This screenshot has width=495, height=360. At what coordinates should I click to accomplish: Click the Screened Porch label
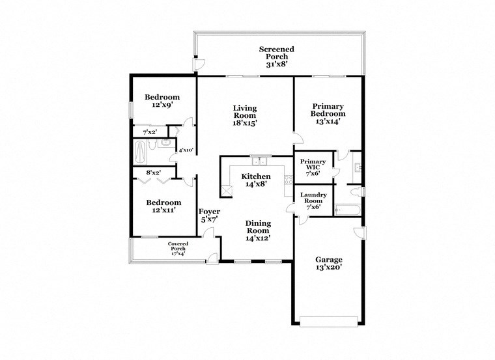[276, 57]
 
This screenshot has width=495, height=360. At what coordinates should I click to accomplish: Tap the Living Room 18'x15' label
[246, 115]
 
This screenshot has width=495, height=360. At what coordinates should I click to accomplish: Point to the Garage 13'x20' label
[328, 263]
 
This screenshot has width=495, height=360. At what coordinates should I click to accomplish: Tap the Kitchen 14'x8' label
[256, 180]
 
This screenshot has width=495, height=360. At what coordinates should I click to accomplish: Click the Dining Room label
[257, 230]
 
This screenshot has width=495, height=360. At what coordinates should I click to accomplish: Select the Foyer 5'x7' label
[210, 216]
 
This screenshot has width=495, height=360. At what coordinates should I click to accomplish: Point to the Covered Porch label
[178, 248]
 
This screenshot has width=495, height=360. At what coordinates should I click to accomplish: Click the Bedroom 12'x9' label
[162, 101]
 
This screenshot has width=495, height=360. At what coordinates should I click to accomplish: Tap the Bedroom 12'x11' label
[162, 206]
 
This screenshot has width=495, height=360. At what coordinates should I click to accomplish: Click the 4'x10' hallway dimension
[186, 150]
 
